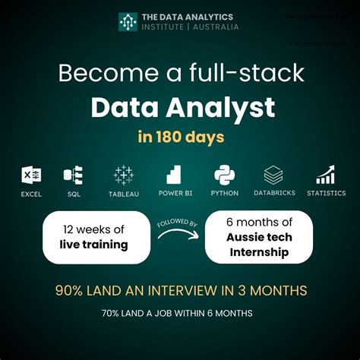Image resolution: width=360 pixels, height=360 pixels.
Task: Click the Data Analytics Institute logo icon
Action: coord(128,21)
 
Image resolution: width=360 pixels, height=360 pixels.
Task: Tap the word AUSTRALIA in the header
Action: coord(216,27)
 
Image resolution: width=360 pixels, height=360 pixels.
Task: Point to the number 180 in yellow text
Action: coord(176,139)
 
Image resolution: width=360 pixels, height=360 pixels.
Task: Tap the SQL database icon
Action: coord(74,175)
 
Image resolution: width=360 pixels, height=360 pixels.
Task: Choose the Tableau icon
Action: coord(123,175)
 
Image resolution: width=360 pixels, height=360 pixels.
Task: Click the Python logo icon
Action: coord(224,175)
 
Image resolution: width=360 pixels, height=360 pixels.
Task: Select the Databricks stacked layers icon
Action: coord(273,175)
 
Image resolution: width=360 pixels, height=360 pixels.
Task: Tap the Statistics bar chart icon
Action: coord(326,175)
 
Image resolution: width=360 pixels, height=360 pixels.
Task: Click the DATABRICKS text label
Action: coord(273,194)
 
